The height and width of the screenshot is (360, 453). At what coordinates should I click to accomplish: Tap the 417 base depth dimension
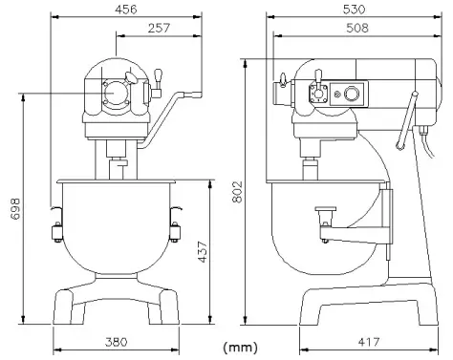pos(368,342)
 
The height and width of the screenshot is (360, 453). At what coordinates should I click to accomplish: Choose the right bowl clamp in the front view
pos(177,230)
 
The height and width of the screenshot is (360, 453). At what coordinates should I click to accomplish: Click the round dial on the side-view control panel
pos(353,94)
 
